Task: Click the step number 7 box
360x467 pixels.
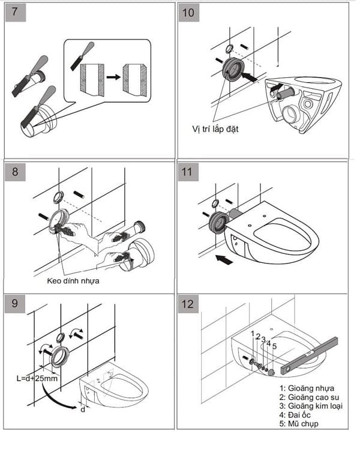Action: pos(15,13)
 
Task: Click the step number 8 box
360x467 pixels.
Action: pos(15,172)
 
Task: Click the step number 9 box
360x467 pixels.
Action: pos(15,304)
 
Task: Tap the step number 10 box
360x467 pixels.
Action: pos(190,13)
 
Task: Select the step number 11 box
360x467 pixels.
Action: pos(190,172)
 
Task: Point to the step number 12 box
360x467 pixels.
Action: pos(190,304)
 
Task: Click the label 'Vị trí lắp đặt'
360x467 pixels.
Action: pos(210,128)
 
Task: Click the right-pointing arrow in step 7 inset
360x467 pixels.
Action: pos(113,77)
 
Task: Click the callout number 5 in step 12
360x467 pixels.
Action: pos(274,346)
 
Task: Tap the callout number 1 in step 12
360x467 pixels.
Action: pos(253,334)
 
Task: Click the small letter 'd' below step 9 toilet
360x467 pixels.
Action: pos(82,410)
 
